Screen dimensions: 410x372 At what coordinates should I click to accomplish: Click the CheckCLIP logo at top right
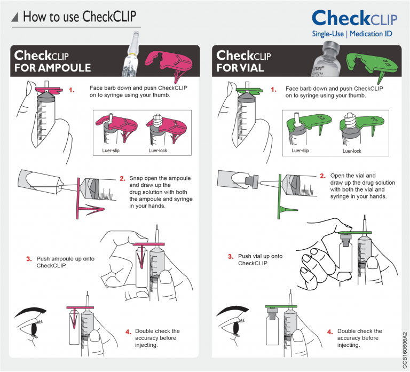coord(354,18)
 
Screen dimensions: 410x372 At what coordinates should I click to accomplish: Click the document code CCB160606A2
coord(405,350)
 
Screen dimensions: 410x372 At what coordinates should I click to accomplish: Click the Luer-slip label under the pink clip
coord(111,151)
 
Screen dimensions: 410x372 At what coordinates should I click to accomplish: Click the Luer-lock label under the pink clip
coord(157,151)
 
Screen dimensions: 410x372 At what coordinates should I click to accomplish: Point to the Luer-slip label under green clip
coord(300,151)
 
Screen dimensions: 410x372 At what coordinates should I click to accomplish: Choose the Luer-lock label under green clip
coord(352,151)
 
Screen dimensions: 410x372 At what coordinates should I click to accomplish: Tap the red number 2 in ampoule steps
coord(122,179)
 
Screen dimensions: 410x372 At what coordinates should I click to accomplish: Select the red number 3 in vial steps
coord(231,257)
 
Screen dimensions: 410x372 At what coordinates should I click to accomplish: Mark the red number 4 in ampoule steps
coord(128,332)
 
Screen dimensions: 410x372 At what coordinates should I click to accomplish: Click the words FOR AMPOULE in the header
coord(52,68)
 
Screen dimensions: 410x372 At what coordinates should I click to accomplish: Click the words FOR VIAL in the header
coord(240,68)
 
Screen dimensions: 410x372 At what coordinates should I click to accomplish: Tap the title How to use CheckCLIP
coord(80,17)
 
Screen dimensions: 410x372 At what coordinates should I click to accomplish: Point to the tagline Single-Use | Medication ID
coord(352,34)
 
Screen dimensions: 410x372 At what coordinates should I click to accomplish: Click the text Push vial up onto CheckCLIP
coord(260,259)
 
